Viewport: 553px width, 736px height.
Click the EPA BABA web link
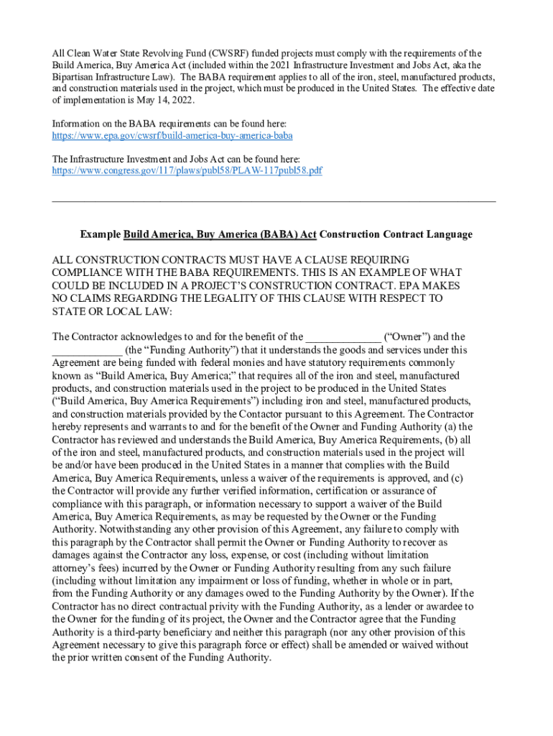(x=172, y=135)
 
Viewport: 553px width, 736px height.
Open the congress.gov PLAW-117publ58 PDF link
(x=187, y=171)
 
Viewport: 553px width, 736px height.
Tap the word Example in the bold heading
(x=100, y=234)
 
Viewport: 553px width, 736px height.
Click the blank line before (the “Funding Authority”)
(x=87, y=350)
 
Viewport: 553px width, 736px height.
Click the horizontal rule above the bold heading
(x=274, y=202)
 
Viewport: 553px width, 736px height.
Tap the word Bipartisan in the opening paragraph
(x=76, y=76)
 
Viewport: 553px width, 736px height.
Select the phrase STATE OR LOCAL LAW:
(x=111, y=311)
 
